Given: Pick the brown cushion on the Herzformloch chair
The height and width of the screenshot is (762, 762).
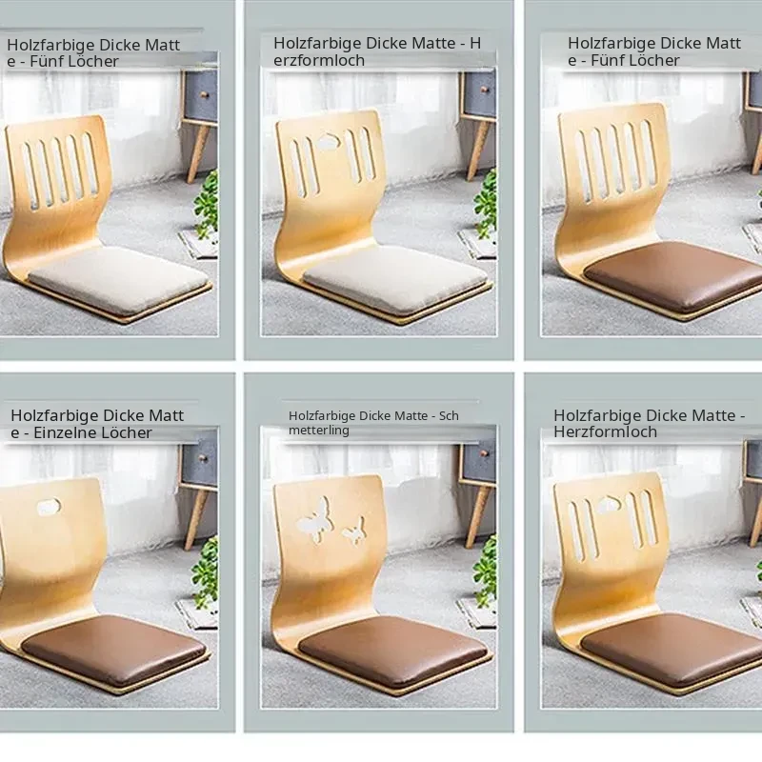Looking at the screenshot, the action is (x=672, y=650).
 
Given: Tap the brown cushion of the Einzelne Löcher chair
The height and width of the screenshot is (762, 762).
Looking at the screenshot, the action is (x=114, y=650).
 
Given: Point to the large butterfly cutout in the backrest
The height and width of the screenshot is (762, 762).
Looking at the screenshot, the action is (x=316, y=519).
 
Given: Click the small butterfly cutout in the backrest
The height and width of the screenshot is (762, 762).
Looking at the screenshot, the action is (x=354, y=531).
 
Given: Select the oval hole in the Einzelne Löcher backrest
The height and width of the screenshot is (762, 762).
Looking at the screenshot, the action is (x=50, y=507).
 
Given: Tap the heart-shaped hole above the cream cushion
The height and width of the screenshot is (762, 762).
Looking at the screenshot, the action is (x=329, y=141).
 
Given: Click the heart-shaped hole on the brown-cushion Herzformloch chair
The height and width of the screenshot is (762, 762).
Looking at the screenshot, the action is (x=608, y=505).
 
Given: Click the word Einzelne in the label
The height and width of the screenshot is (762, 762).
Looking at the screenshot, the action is (x=62, y=432).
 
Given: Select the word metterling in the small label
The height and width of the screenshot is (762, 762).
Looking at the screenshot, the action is (x=319, y=431).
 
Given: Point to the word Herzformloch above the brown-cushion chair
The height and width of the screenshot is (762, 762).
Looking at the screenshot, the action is (x=605, y=431).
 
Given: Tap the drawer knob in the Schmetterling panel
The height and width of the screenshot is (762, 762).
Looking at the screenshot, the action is (x=484, y=454).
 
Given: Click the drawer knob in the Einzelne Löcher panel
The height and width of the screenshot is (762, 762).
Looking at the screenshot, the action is (x=204, y=458).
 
